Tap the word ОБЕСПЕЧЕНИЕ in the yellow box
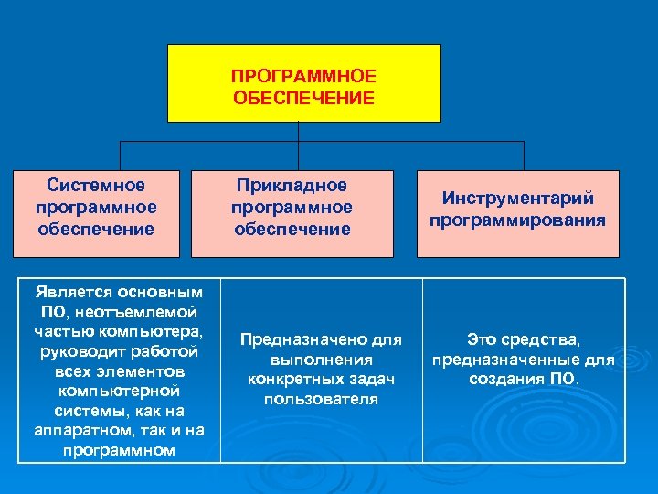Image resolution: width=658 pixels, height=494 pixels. tap(303, 98)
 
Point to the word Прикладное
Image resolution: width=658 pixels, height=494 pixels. tap(292, 187)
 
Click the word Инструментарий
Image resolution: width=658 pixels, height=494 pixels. tap(518, 199)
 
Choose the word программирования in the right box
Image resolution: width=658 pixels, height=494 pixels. tap(518, 220)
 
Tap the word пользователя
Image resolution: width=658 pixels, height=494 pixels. tap(321, 400)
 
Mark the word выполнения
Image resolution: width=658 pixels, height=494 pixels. tap(321, 360)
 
